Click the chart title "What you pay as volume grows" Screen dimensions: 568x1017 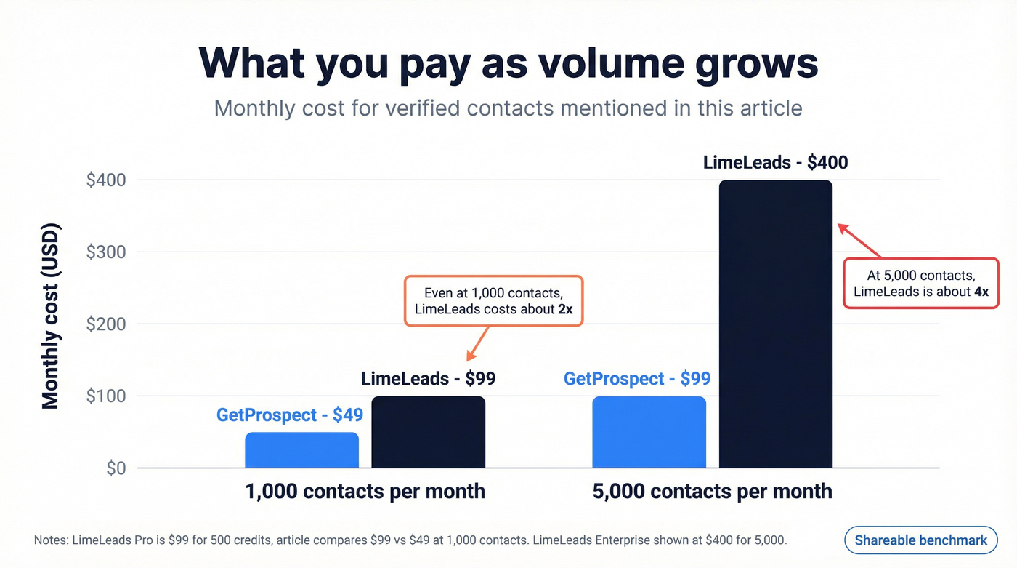508,63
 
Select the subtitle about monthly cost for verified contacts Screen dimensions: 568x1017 508,108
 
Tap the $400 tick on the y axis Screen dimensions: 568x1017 106,180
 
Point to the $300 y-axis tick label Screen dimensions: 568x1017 106,252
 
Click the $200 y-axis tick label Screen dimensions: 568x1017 106,324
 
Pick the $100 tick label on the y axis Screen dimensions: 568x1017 106,396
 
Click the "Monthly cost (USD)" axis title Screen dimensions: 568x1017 50,316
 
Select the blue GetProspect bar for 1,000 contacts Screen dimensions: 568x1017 301,451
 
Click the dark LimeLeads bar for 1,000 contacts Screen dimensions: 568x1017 428,433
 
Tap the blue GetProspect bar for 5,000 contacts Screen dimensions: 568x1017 649,433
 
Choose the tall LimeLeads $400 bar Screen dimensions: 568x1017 775,324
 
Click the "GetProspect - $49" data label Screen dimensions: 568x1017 289,415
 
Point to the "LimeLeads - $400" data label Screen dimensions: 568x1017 775,161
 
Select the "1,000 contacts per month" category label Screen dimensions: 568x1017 365,491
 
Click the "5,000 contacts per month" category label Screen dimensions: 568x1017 712,491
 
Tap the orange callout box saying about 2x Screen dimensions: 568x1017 493,300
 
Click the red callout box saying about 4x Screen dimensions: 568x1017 920,284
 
